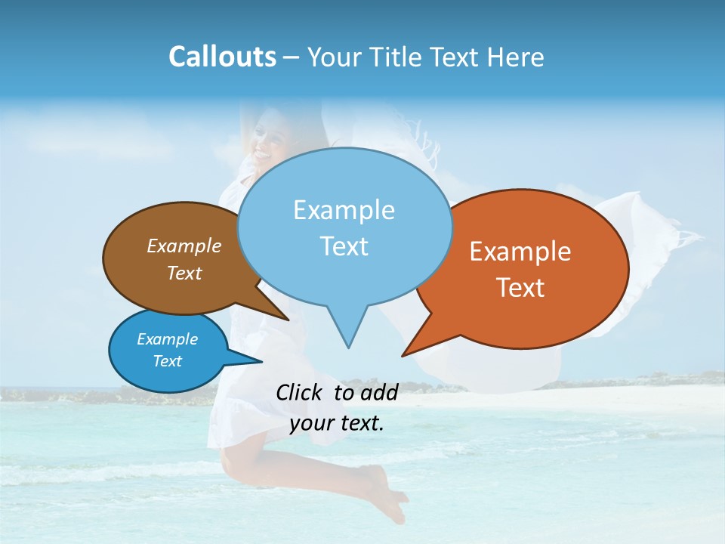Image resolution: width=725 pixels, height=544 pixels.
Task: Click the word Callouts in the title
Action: pyautogui.click(x=222, y=57)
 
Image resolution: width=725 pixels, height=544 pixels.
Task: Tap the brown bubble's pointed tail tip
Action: pyautogui.click(x=288, y=320)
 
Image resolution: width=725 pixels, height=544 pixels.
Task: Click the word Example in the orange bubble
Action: pyautogui.click(x=520, y=252)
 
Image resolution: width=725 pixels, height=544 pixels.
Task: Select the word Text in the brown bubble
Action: pyautogui.click(x=184, y=274)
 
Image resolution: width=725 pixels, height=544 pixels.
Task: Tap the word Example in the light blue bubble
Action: pyautogui.click(x=344, y=210)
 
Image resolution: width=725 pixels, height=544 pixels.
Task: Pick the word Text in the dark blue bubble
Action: pyautogui.click(x=167, y=361)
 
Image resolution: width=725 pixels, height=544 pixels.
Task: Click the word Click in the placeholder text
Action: pyautogui.click(x=300, y=392)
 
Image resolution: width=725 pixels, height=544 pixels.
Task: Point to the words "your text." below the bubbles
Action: pyautogui.click(x=337, y=423)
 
